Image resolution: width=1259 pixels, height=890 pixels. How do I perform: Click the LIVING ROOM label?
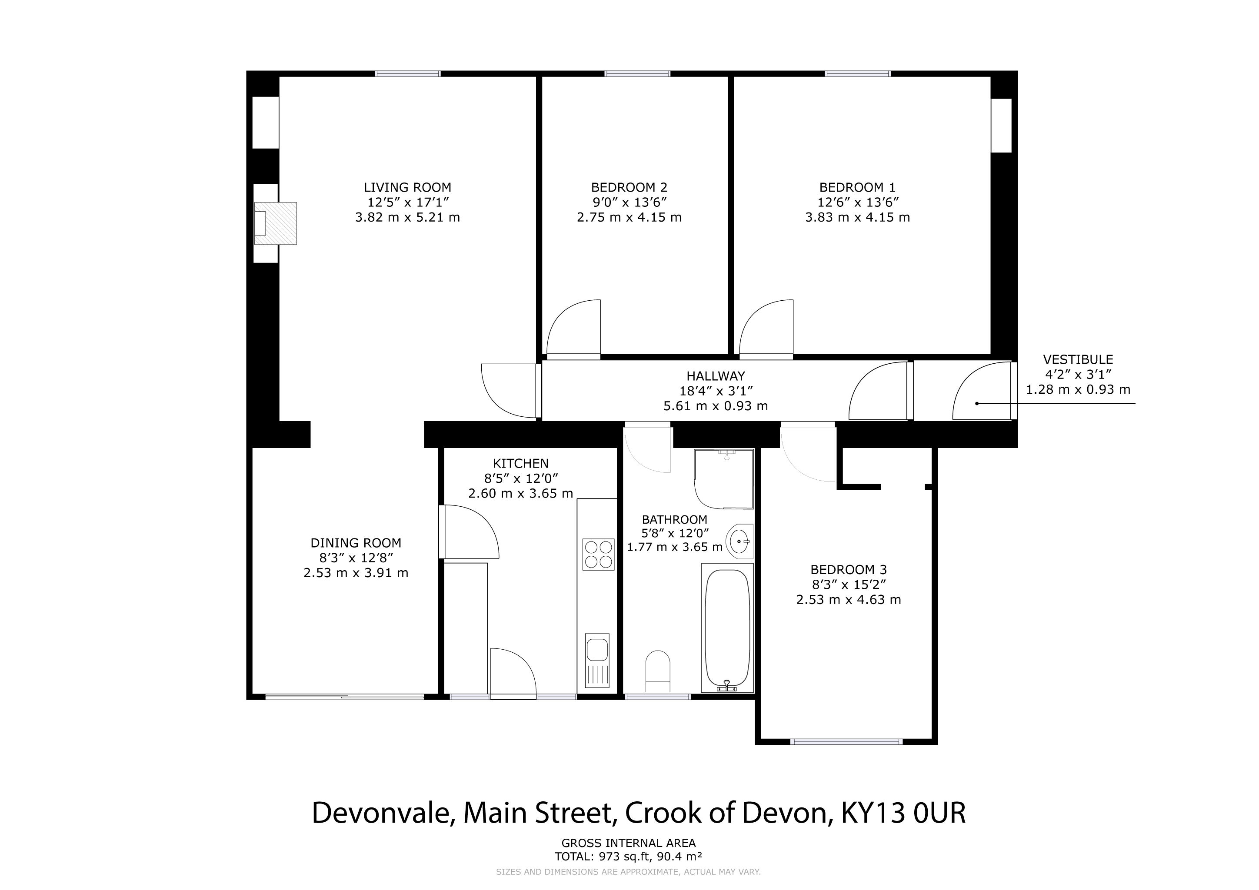[x=407, y=187]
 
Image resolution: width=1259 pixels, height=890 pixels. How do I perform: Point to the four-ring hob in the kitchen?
[x=598, y=555]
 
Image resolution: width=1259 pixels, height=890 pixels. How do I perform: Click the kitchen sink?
[x=597, y=661]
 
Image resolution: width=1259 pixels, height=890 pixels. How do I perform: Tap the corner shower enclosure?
[x=724, y=479]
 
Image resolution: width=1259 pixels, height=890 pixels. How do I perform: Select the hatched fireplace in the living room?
[x=275, y=223]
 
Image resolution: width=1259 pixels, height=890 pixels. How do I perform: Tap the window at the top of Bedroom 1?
[x=858, y=73]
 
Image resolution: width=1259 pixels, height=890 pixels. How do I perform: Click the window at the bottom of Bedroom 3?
[x=846, y=742]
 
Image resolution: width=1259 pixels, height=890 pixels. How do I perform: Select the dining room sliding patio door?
[x=344, y=697]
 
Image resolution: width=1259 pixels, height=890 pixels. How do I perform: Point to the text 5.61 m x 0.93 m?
[x=716, y=406]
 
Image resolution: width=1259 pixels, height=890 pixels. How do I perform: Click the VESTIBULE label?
[x=1078, y=359]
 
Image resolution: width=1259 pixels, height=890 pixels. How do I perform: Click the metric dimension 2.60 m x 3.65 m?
[x=520, y=493]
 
